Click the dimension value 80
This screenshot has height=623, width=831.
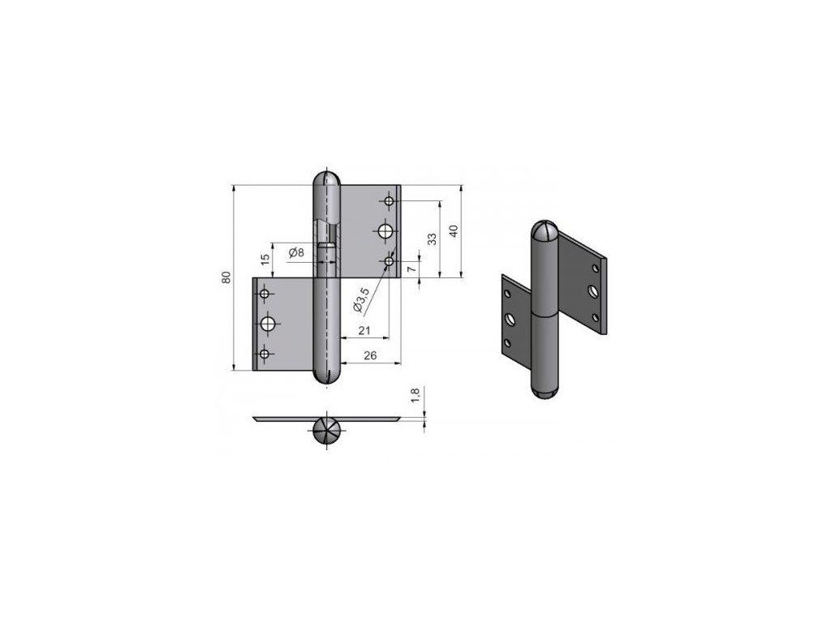pos(227,277)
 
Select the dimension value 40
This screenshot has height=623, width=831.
pos(453,231)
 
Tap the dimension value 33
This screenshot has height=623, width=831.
pos(433,239)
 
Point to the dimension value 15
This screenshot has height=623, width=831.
pos(265,259)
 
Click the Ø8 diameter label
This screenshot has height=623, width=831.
pos(297,253)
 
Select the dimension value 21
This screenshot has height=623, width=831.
pos(364,331)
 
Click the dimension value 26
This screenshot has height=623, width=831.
pos(370,355)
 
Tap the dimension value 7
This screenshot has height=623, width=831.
pos(412,269)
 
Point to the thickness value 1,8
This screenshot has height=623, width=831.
pos(415,395)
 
